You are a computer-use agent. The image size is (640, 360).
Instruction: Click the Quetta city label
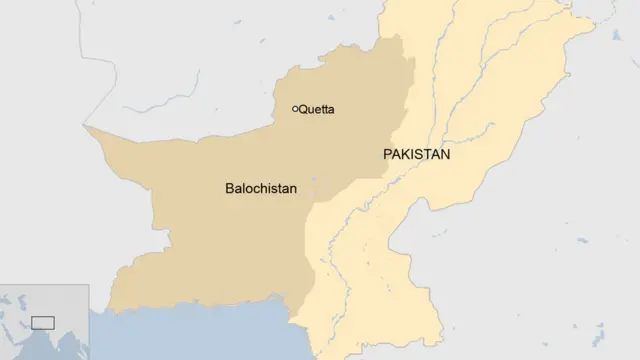point(316,109)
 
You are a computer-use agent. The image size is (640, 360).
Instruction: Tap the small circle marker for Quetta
point(295,108)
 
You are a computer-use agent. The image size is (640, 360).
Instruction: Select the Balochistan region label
point(261,187)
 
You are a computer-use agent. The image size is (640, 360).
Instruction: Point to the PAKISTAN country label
point(417,155)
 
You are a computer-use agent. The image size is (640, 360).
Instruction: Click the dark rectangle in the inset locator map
point(42,322)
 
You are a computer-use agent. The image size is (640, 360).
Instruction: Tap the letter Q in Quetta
point(303,109)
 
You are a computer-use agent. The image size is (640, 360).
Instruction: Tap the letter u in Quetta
point(311,109)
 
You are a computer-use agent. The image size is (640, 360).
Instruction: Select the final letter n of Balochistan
point(292,187)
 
